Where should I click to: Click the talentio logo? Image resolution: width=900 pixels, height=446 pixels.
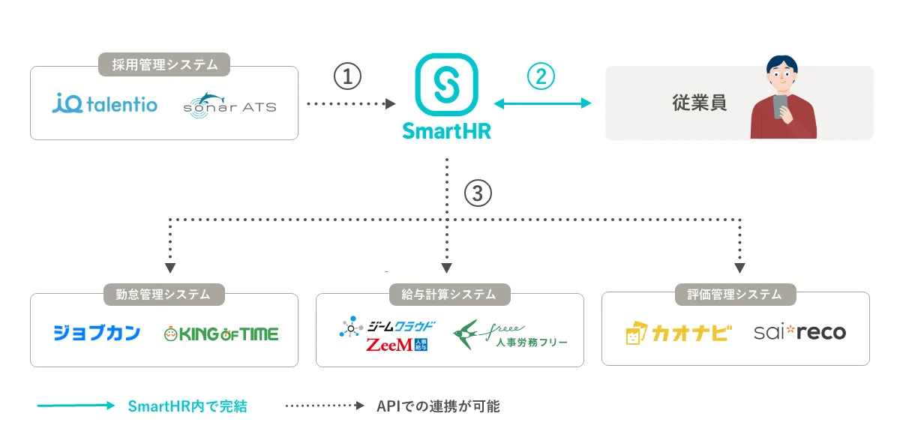[105, 103]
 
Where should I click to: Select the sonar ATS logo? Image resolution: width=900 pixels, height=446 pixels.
[229, 104]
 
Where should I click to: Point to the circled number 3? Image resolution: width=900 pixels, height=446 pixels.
[478, 194]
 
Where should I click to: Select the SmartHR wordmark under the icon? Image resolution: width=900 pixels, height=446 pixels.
[446, 130]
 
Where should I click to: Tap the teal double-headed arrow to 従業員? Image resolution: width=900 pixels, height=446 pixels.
[542, 104]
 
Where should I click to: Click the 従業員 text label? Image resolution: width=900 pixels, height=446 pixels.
[699, 103]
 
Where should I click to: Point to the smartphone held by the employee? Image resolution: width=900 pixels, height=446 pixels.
[781, 105]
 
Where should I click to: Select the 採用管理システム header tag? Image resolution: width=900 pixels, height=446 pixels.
[164, 65]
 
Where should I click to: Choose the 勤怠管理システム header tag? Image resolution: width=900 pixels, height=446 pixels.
[164, 295]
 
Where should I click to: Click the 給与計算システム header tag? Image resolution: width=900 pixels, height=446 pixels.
[449, 295]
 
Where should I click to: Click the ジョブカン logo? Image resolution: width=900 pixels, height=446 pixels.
[97, 333]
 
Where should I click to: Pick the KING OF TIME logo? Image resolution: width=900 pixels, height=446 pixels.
[220, 333]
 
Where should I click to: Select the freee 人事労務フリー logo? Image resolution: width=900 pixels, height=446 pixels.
[510, 334]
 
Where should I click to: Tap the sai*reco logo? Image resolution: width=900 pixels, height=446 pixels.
[799, 332]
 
